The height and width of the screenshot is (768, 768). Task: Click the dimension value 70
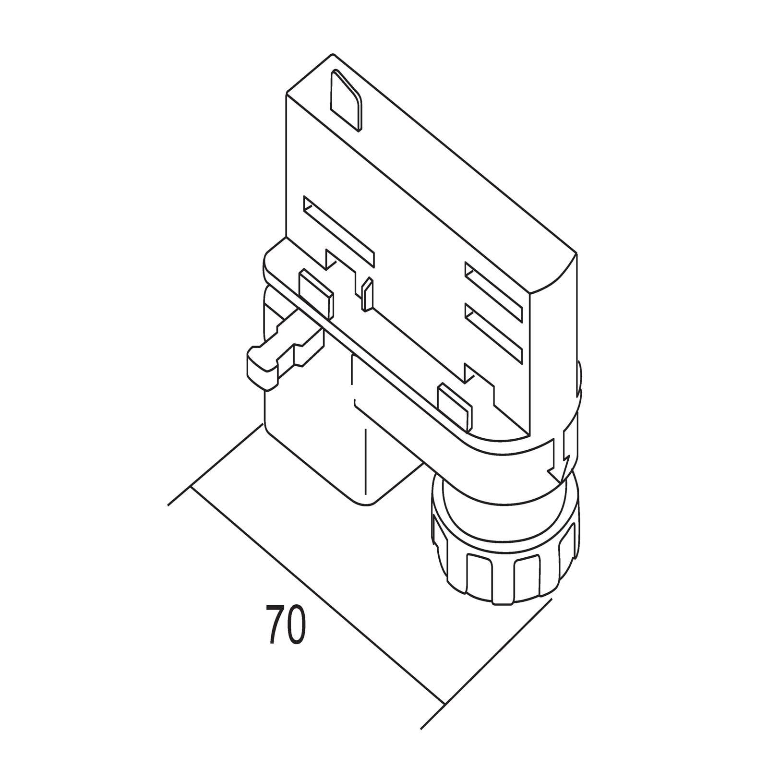coord(285,624)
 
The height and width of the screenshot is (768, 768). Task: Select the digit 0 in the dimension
coord(295,624)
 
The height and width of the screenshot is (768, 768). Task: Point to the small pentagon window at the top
coord(347,100)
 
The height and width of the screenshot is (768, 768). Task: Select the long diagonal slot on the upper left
coord(338,230)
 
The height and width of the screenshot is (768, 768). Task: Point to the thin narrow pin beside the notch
coord(367,293)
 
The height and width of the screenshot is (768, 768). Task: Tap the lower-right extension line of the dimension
coord(484,672)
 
